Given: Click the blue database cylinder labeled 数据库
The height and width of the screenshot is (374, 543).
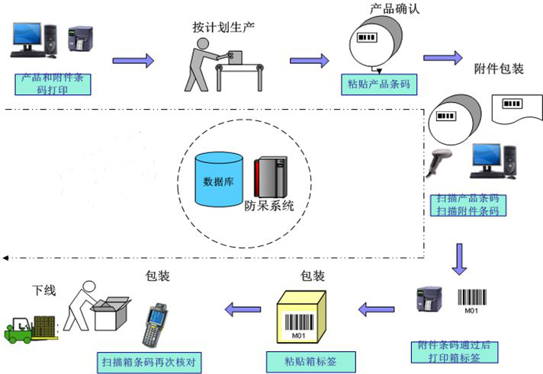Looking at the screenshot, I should [219, 180].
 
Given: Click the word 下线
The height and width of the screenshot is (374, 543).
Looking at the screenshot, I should [43, 290].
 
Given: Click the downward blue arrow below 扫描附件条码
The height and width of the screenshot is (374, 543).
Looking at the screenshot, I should [459, 258].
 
